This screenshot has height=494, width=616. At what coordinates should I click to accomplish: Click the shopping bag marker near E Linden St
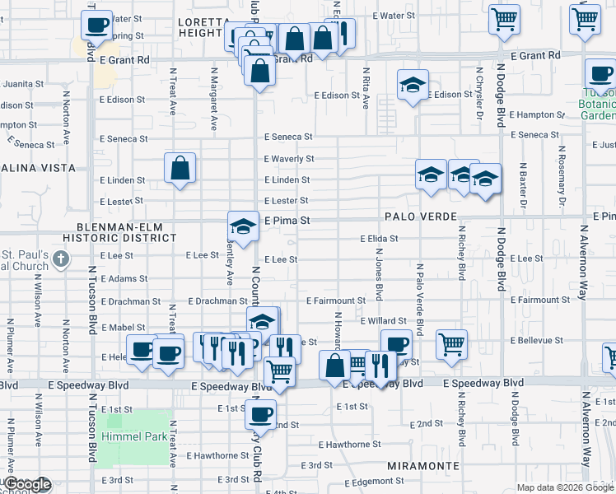coord(180,170)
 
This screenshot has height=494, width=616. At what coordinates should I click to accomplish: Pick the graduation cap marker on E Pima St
coord(243,227)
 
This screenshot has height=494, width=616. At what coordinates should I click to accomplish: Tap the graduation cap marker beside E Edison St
coord(413,86)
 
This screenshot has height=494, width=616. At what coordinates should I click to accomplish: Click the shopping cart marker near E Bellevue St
coord(451,343)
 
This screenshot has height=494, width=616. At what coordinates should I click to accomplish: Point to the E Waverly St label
coord(289,158)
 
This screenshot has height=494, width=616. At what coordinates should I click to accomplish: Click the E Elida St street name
coord(380,239)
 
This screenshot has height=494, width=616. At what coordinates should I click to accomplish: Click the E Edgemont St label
coord(371,482)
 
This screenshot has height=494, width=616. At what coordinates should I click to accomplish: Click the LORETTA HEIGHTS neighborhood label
coord(202,27)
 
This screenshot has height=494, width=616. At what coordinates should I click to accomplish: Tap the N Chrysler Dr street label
coord(478,91)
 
